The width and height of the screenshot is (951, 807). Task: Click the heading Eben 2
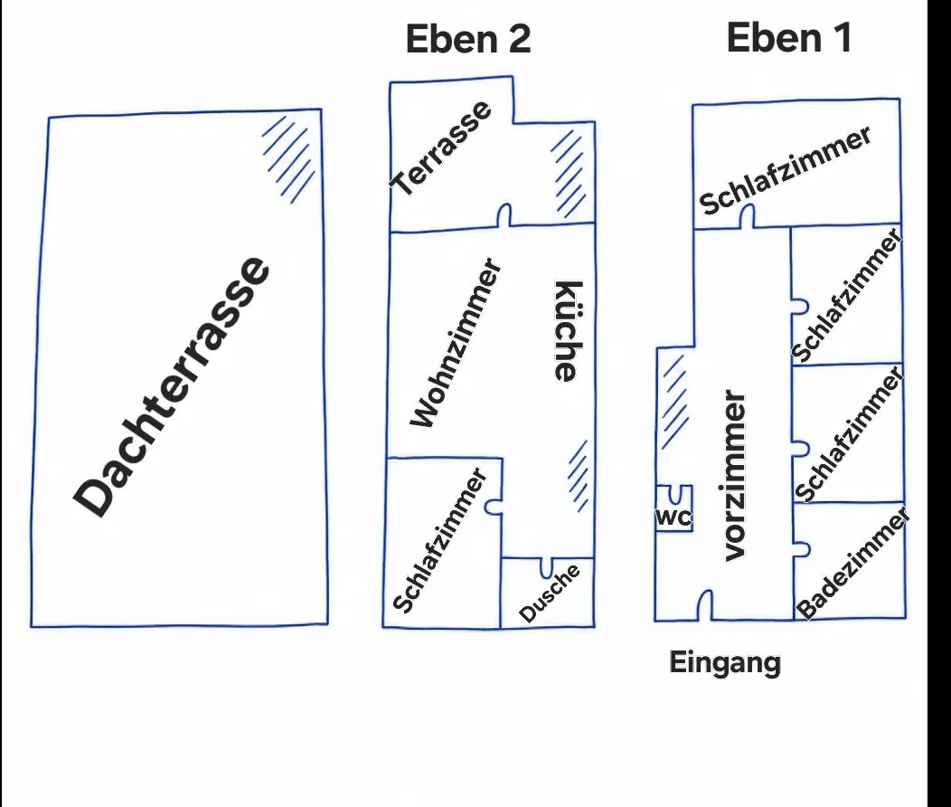point(468,39)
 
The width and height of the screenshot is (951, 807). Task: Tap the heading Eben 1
point(789,38)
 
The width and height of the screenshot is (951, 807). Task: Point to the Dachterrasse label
point(171,387)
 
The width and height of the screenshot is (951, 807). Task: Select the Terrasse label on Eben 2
point(440,147)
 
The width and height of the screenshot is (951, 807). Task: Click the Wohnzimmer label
point(456,343)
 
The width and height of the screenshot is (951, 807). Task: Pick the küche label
point(569,331)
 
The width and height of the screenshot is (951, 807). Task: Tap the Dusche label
point(550,593)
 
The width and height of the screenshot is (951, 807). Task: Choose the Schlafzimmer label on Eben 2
point(439,540)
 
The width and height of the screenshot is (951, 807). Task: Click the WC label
point(673,517)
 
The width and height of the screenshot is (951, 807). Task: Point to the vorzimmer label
point(734,476)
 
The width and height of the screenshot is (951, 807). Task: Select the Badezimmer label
point(852,564)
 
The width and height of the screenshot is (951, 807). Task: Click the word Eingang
point(725,662)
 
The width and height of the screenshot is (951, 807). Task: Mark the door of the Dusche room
point(546,567)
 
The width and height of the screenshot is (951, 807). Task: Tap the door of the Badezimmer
point(802,549)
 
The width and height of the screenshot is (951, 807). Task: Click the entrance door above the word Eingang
point(704,605)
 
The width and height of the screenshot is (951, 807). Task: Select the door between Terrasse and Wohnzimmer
point(504,215)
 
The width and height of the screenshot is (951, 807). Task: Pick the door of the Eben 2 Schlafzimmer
point(494,506)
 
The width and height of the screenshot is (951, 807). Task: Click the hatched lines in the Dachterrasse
point(288,159)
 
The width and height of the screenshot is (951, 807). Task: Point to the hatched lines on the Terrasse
point(569,174)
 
